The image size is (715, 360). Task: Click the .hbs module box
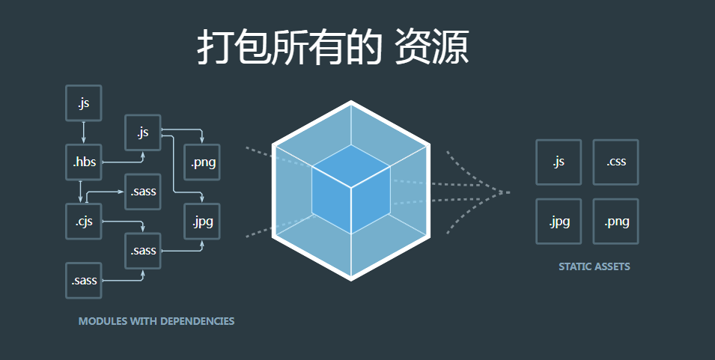pos(83,162)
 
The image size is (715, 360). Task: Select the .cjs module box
pos(83,222)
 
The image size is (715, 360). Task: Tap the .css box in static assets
pos(615,162)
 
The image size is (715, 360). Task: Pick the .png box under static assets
pos(615,222)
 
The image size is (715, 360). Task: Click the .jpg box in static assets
pos(558,222)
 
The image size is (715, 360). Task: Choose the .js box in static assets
pos(558,162)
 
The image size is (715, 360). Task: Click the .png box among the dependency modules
pos(202,162)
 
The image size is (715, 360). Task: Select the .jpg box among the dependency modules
pos(202,222)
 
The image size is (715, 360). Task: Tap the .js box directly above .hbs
pos(83,103)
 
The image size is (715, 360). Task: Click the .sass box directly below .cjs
pos(83,281)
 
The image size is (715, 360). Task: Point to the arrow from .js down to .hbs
pos(83,132)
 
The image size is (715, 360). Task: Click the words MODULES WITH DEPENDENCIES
pos(156,321)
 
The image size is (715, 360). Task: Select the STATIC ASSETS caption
pos(594,266)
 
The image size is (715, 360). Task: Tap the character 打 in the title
pos(214,48)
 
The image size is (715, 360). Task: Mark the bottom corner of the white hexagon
pos(351,278)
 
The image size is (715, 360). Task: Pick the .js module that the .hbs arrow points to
pos(143,132)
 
